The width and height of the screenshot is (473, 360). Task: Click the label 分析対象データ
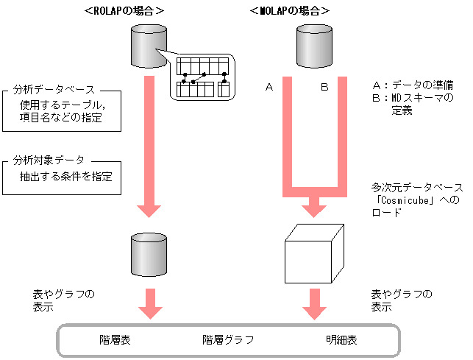point(49,159)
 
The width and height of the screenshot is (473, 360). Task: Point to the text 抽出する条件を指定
point(65,177)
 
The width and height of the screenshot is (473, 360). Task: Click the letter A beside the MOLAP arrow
point(269,88)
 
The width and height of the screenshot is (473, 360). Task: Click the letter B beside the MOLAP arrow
point(324,88)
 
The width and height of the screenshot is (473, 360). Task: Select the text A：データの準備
point(414,85)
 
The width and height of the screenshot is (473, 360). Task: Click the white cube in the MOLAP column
point(314,251)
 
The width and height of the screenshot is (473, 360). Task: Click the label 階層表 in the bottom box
point(115,341)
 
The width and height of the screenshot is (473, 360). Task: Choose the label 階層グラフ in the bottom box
point(228,341)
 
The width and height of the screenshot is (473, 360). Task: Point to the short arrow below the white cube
point(315,303)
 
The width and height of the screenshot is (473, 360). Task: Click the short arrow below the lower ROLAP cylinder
point(149,303)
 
